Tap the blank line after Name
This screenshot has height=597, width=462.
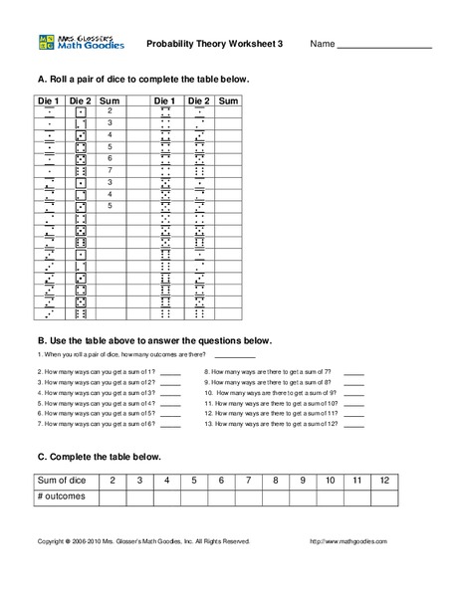click(383, 47)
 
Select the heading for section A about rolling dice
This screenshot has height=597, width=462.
click(143, 79)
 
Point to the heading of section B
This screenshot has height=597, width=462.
click(153, 339)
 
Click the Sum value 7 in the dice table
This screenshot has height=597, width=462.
click(110, 170)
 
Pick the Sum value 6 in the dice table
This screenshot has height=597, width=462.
click(110, 158)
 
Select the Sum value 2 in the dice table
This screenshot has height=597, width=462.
click(110, 111)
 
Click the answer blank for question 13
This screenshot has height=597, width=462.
click(354, 424)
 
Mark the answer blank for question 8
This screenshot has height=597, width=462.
click(354, 382)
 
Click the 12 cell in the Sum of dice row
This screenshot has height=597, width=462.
click(381, 481)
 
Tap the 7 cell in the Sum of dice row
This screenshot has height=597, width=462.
click(249, 481)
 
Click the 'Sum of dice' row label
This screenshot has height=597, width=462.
click(65, 481)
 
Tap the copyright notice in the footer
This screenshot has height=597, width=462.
click(143, 541)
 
